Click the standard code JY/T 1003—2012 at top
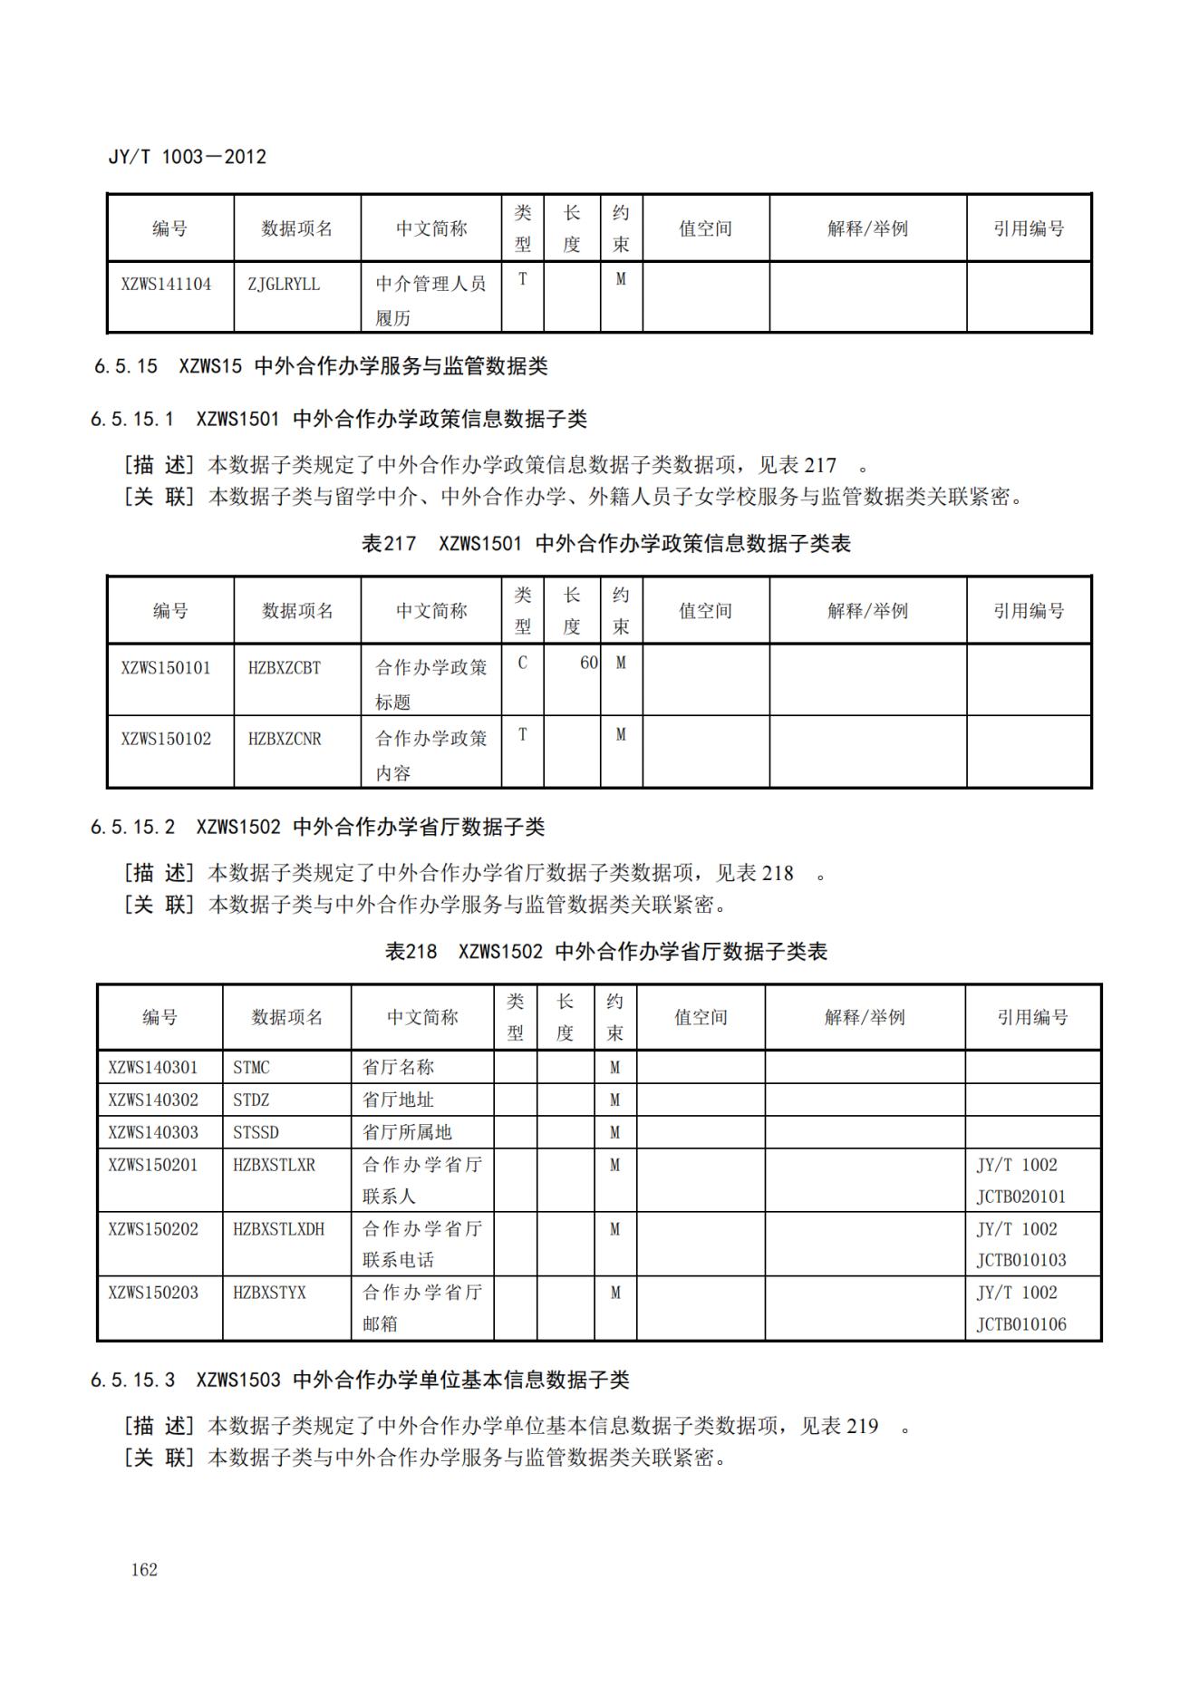(187, 157)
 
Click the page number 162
(144, 1569)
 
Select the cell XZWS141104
(166, 285)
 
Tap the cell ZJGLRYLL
(284, 285)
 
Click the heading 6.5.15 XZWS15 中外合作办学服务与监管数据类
(321, 366)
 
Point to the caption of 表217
(605, 544)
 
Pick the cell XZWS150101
(166, 668)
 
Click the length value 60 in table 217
(588, 663)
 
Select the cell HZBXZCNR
(285, 739)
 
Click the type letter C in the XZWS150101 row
(522, 663)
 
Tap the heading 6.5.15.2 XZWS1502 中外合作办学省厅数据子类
(317, 827)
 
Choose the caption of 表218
(605, 952)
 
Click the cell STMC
(251, 1068)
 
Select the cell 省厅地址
(398, 1100)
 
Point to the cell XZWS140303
(153, 1133)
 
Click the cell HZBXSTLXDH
(278, 1229)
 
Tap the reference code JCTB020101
(1020, 1197)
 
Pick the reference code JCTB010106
(1020, 1324)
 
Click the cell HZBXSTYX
(269, 1293)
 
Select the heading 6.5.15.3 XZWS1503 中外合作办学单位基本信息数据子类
(359, 1380)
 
